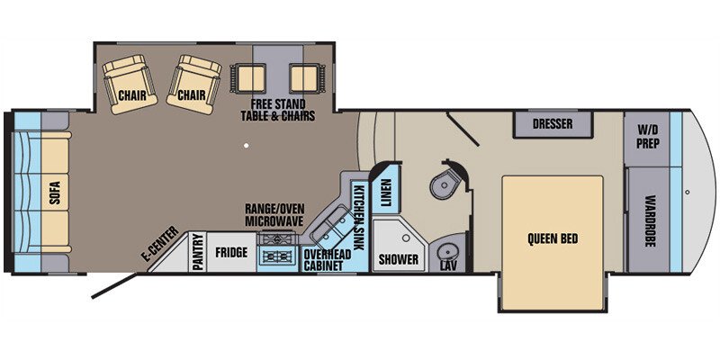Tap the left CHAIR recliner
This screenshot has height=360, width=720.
(x=130, y=84)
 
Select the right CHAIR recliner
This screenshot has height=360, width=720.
(x=193, y=84)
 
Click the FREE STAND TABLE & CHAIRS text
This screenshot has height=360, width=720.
(x=278, y=110)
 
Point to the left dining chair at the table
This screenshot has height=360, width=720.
(x=248, y=78)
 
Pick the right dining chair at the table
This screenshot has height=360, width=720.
(x=304, y=78)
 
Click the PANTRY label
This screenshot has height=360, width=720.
(x=197, y=252)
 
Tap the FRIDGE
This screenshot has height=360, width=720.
(x=231, y=252)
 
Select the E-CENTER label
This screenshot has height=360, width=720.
(x=160, y=244)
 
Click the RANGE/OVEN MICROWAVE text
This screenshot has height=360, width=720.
(x=274, y=215)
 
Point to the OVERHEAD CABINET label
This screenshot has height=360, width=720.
(x=328, y=260)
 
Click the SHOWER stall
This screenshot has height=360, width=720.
(x=399, y=246)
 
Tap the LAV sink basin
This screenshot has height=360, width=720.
(x=445, y=254)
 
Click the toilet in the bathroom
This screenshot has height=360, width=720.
(x=445, y=182)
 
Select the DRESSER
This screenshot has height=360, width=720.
(x=553, y=124)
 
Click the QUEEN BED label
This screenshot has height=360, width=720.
(x=553, y=239)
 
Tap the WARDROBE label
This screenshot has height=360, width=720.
(x=648, y=221)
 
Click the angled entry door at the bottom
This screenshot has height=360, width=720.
(x=114, y=286)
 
